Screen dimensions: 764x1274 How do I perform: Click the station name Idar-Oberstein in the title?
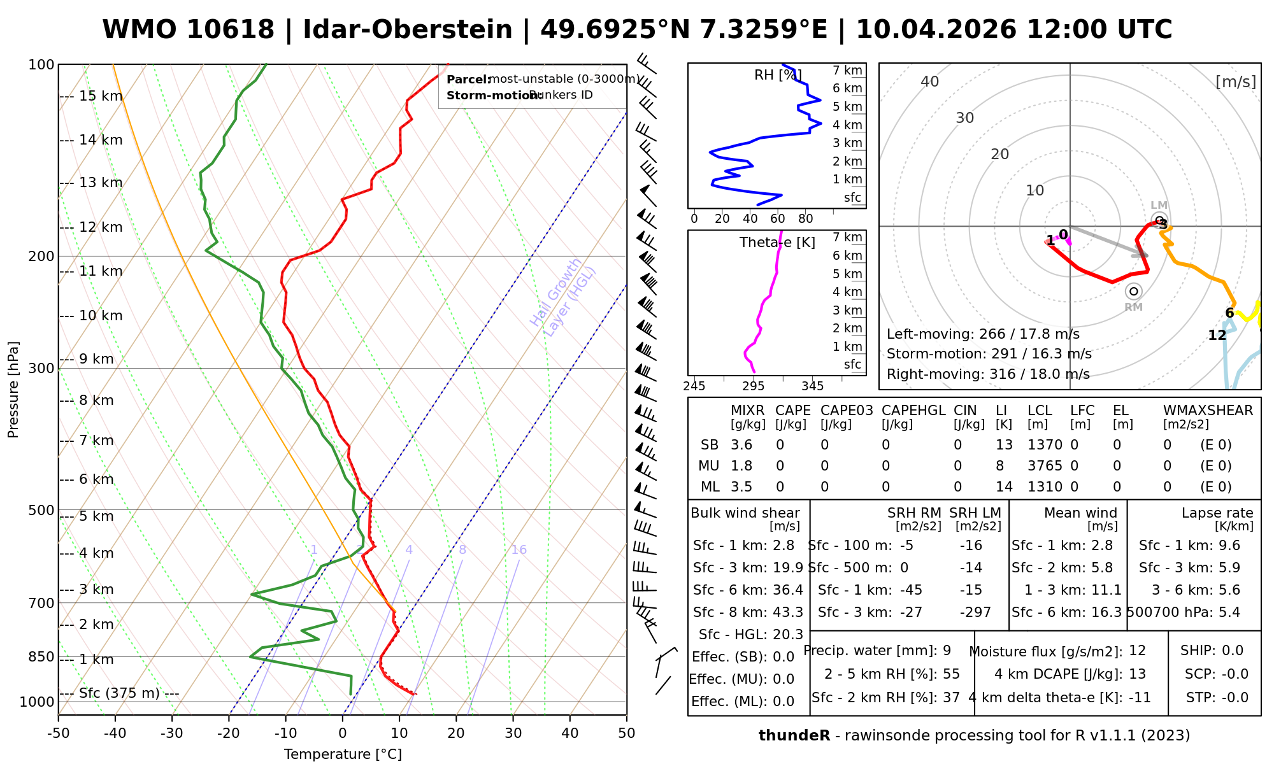407,30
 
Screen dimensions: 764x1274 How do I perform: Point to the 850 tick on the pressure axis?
42,656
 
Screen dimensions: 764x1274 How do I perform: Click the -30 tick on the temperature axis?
172,733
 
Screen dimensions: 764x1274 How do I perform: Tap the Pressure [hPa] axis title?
13,390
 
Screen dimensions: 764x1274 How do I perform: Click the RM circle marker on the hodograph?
1133,291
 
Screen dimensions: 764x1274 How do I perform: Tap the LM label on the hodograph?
1159,205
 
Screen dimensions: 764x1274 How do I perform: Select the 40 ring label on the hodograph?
930,81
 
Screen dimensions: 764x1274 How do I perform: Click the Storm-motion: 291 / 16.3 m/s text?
989,354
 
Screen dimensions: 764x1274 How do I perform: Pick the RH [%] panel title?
777,75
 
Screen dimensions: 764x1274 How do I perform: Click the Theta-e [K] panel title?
777,243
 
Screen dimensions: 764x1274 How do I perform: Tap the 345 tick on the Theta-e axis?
812,386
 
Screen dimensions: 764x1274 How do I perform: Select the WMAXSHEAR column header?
1208,411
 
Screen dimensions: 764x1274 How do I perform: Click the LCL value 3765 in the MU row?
1045,466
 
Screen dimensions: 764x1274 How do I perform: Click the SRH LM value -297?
975,612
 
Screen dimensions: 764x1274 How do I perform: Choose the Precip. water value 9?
947,651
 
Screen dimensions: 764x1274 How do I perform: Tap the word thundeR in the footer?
794,736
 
